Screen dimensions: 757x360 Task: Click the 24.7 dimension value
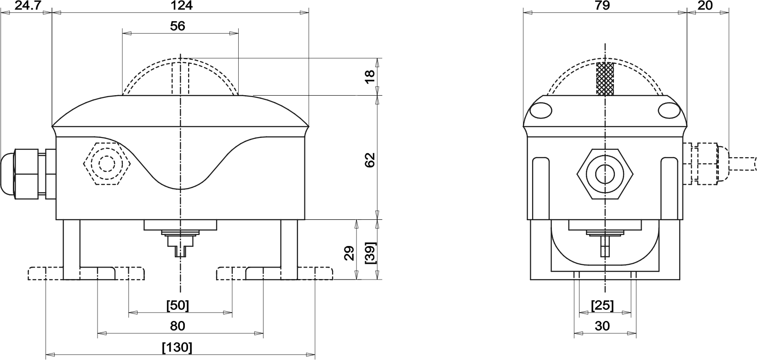tap(28, 6)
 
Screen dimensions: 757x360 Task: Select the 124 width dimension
tap(182, 6)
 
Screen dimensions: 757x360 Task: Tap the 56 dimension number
tap(178, 26)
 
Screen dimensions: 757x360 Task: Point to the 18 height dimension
tap(370, 76)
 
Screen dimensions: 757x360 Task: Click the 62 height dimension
tap(370, 160)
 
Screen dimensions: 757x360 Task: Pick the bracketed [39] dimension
tap(371, 253)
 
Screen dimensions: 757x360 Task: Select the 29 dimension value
tap(350, 253)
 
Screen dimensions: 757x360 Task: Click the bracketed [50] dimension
tap(178, 305)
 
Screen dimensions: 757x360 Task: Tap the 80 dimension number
tap(178, 326)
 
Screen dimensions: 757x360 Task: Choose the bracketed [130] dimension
tap(178, 347)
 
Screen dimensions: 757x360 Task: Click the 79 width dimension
tap(603, 6)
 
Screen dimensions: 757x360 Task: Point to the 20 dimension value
tap(705, 6)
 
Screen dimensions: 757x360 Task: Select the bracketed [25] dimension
tap(602, 305)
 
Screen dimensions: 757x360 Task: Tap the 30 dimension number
tap(602, 326)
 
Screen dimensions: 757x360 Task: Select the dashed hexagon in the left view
tap(107, 164)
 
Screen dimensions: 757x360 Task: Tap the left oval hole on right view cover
tap(541, 110)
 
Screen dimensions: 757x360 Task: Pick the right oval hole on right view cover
tap(669, 110)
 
